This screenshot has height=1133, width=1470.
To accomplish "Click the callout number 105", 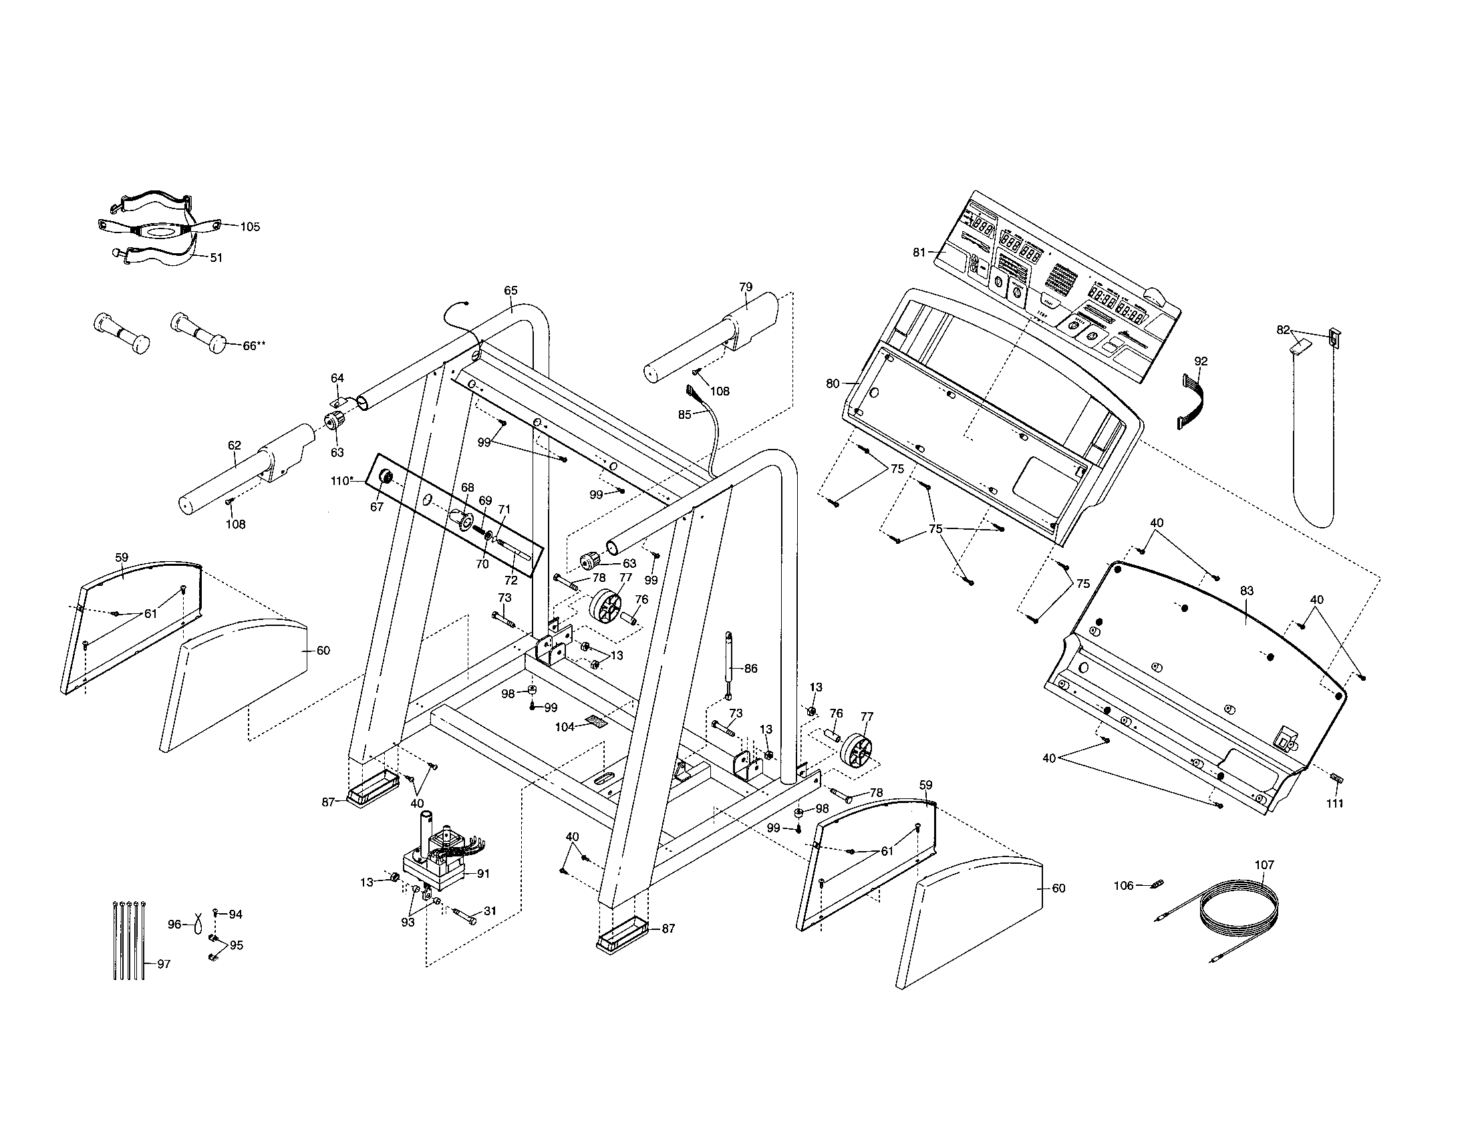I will click(x=250, y=226).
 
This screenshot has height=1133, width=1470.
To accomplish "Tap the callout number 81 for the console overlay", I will click(x=919, y=253).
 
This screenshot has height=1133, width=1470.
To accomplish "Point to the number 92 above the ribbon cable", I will click(x=1201, y=361).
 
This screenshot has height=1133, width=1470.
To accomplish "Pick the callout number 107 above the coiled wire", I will click(x=1265, y=864).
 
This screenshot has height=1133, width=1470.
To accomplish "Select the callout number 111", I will click(x=1335, y=804).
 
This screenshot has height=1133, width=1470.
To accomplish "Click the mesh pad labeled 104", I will click(x=595, y=721).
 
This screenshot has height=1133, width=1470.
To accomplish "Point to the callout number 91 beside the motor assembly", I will click(x=483, y=874).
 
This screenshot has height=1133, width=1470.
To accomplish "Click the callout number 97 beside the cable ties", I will click(x=164, y=964).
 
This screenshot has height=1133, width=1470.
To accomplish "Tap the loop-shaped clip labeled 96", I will click(x=196, y=924).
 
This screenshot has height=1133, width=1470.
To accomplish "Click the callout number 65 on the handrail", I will click(x=511, y=291).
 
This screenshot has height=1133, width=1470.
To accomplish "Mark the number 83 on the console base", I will click(x=1247, y=591).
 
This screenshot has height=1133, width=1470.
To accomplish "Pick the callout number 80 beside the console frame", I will click(x=833, y=383).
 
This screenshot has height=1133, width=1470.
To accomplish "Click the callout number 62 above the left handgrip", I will click(x=235, y=446).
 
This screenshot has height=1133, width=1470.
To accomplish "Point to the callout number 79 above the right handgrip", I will click(x=745, y=287).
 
